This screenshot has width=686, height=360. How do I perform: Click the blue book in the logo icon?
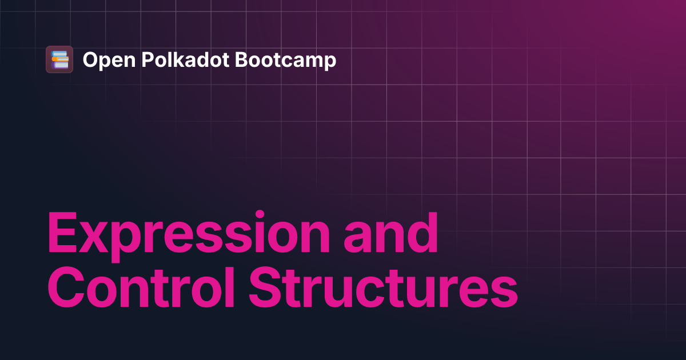tap(59, 54)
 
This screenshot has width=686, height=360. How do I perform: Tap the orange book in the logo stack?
tap(60, 59)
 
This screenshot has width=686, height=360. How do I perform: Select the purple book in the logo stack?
tap(59, 64)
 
